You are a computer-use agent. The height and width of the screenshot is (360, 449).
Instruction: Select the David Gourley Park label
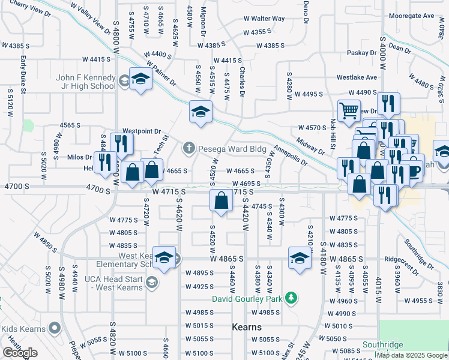tap(247, 298)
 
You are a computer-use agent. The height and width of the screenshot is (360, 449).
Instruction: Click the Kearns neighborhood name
tap(246, 327)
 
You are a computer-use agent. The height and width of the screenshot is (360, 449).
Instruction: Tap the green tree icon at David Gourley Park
tap(291, 298)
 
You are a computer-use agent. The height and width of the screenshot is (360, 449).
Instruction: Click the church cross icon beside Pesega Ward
tap(189, 148)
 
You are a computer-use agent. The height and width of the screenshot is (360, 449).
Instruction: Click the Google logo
tap(20, 353)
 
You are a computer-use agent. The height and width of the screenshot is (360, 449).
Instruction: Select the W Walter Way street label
tap(264, 19)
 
